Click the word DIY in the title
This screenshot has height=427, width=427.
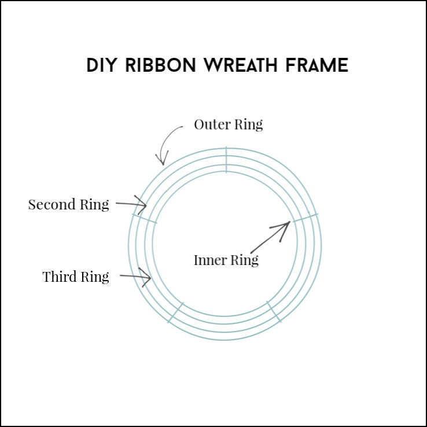(101, 65)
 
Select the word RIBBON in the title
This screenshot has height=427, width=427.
(160, 65)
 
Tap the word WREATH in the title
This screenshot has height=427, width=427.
(241, 65)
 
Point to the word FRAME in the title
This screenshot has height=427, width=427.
(317, 65)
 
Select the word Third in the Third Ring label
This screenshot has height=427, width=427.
(60, 277)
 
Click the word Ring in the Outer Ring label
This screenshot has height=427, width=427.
(248, 125)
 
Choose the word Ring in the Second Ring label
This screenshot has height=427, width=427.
(94, 205)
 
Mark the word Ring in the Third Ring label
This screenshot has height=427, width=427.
(95, 277)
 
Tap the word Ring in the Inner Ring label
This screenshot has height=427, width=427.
(245, 260)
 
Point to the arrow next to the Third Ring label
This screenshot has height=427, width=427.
(135, 277)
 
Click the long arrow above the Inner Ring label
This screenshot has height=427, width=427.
(270, 237)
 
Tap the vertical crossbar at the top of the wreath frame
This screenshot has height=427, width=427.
(226, 160)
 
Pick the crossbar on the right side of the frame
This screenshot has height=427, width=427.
(305, 218)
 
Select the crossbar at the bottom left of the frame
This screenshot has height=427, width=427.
(176, 312)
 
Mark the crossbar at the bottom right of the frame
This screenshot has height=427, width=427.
(274, 311)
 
